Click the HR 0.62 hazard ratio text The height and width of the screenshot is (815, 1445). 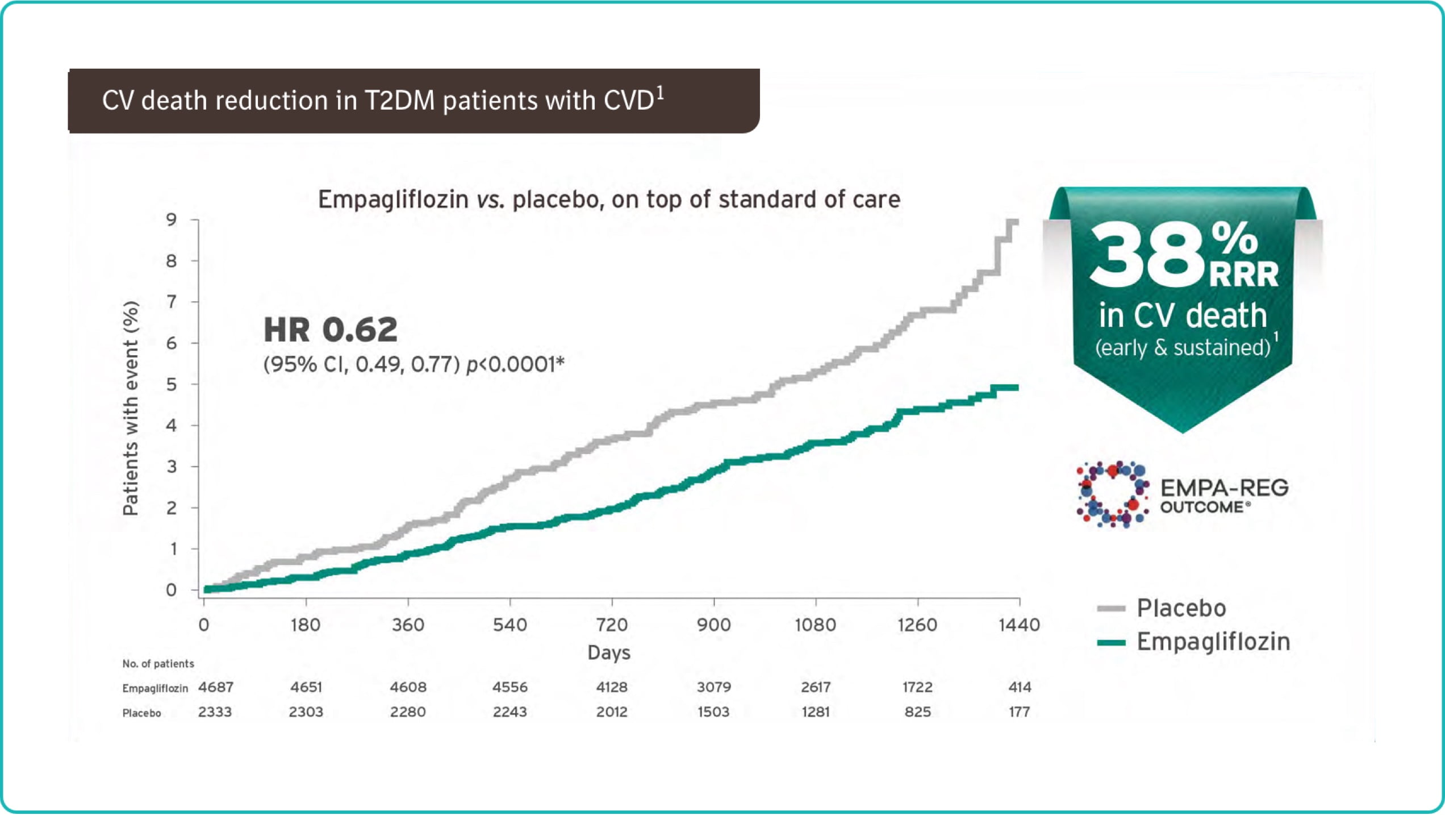coord(331,330)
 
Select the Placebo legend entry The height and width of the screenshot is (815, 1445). coord(1162,608)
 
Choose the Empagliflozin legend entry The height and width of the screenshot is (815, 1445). coord(1194,642)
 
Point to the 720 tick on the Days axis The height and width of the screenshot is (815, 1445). coord(612,625)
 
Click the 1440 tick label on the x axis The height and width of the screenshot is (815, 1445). coord(1019,625)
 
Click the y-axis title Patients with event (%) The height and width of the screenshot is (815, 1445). coord(131,408)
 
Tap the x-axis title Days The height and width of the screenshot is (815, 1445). coord(609,652)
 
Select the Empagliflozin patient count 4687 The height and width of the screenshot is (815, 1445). coord(216,687)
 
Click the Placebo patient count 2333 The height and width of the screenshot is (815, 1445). coord(215,712)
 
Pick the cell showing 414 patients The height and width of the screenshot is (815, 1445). coord(1020,687)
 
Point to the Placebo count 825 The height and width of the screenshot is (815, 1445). coord(917,712)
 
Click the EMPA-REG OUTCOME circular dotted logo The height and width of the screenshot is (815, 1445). coord(1112,494)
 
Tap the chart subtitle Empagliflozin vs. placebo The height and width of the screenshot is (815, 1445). coord(609,199)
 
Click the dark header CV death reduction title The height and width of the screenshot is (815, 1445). coord(383,100)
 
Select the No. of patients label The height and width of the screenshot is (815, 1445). coord(158,664)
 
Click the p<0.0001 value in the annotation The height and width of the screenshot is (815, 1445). coord(515,364)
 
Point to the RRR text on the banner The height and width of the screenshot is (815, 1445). coord(1244,275)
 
